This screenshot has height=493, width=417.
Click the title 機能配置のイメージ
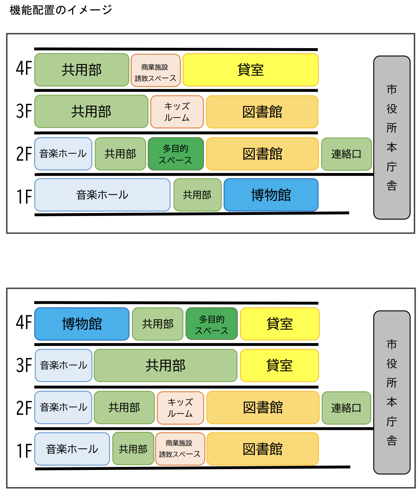pyautogui.click(x=61, y=10)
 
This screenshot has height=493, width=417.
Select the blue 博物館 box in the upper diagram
pyautogui.click(x=271, y=194)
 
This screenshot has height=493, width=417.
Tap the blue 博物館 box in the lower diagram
pyautogui.click(x=82, y=324)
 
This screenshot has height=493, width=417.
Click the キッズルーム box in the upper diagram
pyautogui.click(x=177, y=112)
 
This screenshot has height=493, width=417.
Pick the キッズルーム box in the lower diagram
pyautogui.click(x=180, y=407)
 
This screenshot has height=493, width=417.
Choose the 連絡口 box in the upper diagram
pyautogui.click(x=346, y=154)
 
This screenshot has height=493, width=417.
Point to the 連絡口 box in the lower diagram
pyautogui.click(x=346, y=407)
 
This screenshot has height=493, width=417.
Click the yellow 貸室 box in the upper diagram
pyautogui.click(x=250, y=70)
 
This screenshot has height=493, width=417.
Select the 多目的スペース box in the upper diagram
pyautogui.click(x=176, y=154)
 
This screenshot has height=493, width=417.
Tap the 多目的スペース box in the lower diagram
pyautogui.click(x=211, y=324)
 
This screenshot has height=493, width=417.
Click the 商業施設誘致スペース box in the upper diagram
pyautogui.click(x=155, y=70)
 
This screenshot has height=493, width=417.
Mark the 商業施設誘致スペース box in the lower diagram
pyautogui.click(x=180, y=449)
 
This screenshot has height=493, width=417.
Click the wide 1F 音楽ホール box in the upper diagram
pyautogui.click(x=102, y=194)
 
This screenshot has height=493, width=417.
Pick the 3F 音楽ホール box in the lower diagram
pyautogui.click(x=63, y=366)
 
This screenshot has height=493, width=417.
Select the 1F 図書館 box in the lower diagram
pyautogui.click(x=262, y=449)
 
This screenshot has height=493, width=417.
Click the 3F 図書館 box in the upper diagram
pyautogui.click(x=262, y=112)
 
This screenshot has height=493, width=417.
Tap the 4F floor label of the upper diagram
pyautogui.click(x=24, y=68)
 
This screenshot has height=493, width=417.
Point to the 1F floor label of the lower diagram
pyautogui.click(x=24, y=450)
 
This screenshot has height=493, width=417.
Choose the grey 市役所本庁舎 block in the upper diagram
pyautogui.click(x=392, y=137)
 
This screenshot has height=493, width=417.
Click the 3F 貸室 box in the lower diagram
pyautogui.click(x=279, y=366)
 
